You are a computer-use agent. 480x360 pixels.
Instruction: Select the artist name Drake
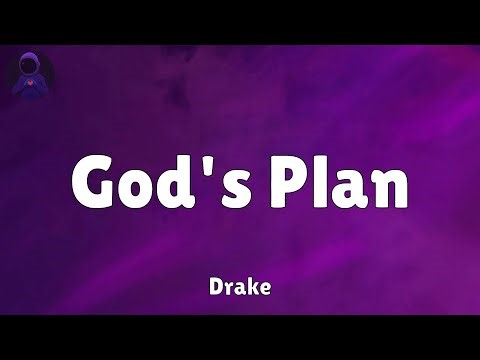click(240, 286)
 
